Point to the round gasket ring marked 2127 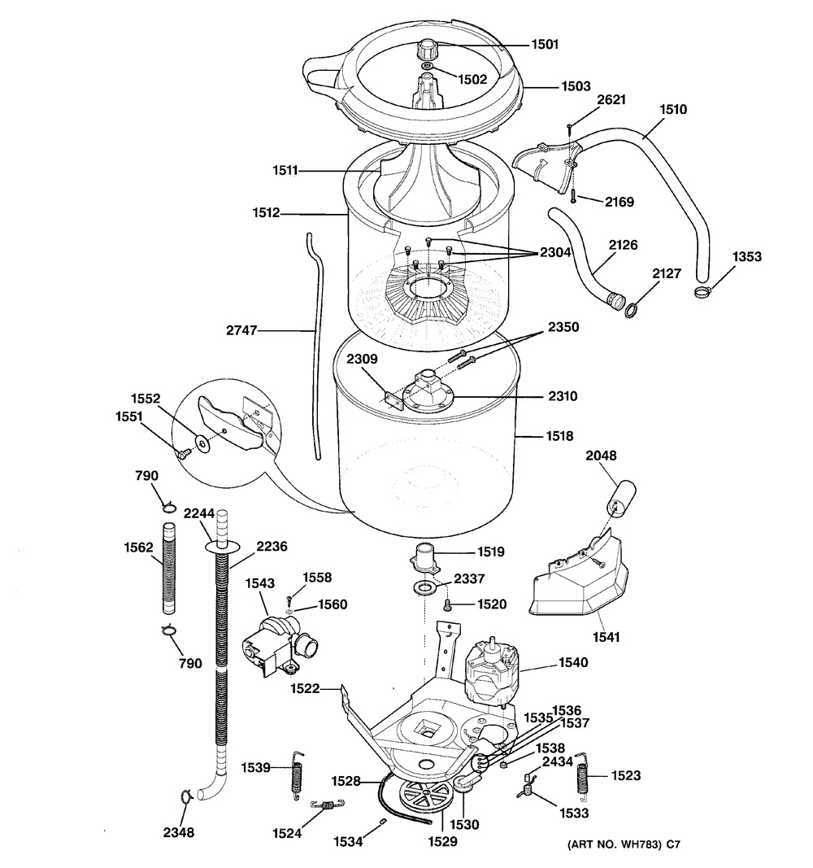click(630, 308)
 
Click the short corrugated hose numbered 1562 click(168, 570)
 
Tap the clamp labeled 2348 click(185, 796)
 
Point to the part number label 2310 click(562, 398)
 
